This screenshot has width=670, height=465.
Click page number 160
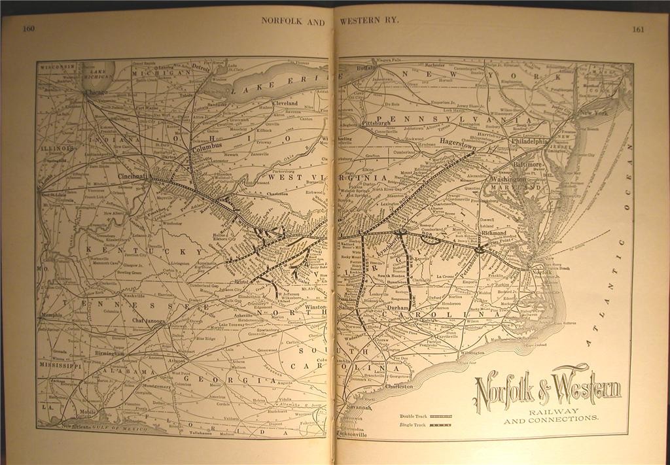[28, 28]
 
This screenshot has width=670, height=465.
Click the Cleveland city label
[285, 103]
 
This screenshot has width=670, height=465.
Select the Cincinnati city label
[134, 177]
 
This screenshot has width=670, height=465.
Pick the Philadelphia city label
[530, 141]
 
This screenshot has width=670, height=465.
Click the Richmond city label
[494, 233]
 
